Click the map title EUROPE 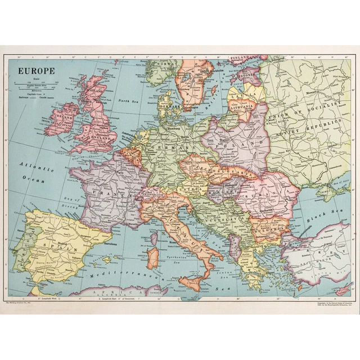coord(36,71)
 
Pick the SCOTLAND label coord(95,90)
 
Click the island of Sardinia coord(152,256)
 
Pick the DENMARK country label coord(168,106)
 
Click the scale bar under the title coord(35,87)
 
